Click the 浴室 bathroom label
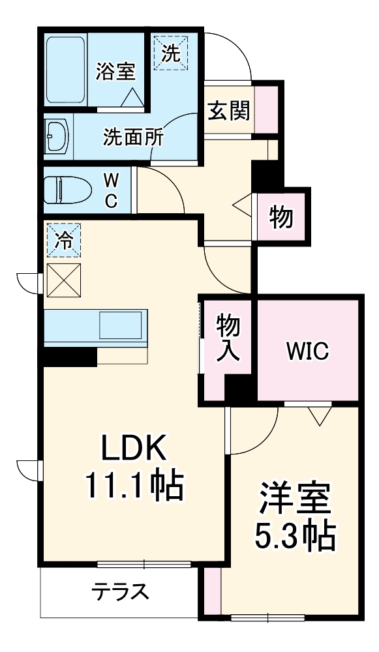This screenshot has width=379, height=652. [x=115, y=71]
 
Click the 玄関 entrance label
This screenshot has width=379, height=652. [x=228, y=111]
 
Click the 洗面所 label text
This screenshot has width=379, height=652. [x=134, y=138]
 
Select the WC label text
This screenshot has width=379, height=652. [x=112, y=190]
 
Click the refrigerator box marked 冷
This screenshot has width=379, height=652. [x=64, y=240]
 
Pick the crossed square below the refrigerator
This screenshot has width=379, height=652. [x=64, y=280]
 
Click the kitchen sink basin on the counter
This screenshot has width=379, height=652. [x=121, y=324]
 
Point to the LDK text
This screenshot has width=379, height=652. [x=134, y=449]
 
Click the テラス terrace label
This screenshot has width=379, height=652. [x=120, y=593]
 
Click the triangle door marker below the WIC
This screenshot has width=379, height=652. [x=320, y=415]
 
